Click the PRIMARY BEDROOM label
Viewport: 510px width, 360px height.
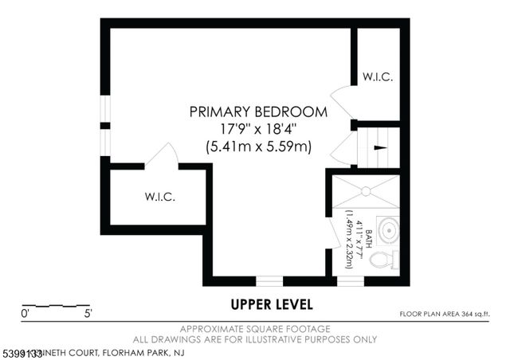(x=258, y=112)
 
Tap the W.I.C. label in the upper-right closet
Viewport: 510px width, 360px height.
(x=376, y=77)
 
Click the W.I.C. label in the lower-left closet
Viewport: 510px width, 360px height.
(x=159, y=196)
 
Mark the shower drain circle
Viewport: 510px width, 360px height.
(x=364, y=191)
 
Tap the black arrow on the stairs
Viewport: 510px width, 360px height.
(x=380, y=148)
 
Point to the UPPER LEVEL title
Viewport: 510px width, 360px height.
(x=272, y=304)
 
